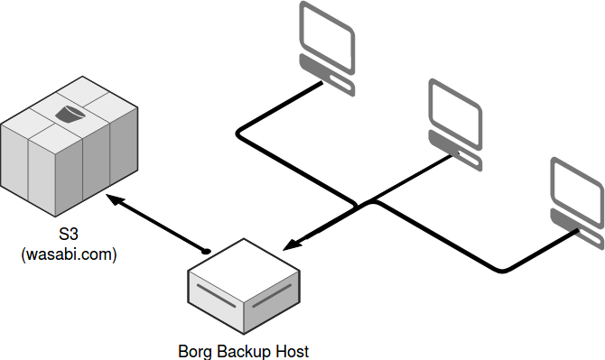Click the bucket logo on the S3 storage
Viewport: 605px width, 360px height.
coord(70,115)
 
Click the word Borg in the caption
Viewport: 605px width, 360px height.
coord(195,350)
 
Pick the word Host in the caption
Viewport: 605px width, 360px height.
coord(293,350)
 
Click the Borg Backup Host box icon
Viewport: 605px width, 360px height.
coord(242,286)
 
